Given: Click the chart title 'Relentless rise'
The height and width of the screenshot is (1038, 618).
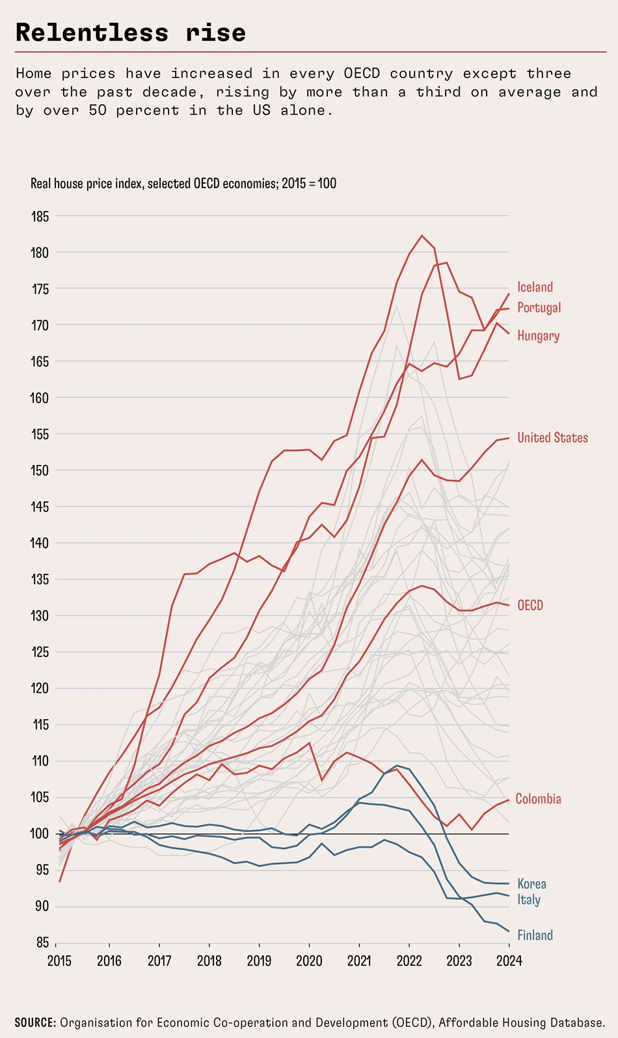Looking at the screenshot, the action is pos(131,33).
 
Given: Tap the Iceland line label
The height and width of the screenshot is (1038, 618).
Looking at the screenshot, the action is pos(535,287).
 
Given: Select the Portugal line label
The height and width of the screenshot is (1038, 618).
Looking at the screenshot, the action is pos(539,308).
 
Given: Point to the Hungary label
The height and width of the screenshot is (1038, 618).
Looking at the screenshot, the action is pos(539,335).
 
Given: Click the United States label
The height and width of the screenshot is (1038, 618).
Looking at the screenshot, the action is pos(552,438).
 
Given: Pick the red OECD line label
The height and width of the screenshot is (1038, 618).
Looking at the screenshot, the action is pos(530,605).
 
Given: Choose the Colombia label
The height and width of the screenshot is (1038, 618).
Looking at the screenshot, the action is pos(539,798).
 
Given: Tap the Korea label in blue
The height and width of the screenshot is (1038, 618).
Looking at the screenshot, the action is pos(531,884).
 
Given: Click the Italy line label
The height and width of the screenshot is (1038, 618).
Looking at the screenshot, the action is pos(529,900).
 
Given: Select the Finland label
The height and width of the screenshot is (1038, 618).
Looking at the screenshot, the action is pos(535,935).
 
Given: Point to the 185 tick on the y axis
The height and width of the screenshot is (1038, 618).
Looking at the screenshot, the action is pos(40,216).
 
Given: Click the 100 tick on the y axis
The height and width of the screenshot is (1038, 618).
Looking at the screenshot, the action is pos(40,834).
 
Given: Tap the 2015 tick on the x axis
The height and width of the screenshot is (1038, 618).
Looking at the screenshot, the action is pos(59,961).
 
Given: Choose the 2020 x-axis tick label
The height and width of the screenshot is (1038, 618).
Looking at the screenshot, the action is pos(309,961).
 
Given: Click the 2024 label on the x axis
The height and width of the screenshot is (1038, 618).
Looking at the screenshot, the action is pos(509,961).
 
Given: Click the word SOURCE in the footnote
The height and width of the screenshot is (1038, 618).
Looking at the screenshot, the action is pos(35,1022).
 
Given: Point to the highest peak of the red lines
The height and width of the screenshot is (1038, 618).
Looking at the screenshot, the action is pos(422,235).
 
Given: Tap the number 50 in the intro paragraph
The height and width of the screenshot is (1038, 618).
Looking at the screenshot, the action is pos(98,110).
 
